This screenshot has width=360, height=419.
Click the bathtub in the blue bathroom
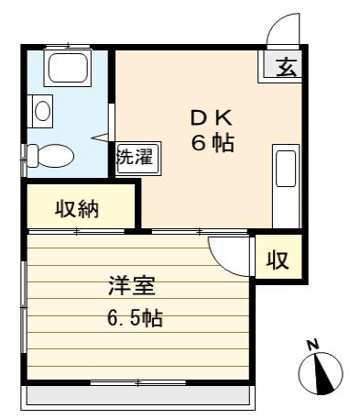pyautogui.click(x=68, y=68)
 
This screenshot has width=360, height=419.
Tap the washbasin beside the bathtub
pyautogui.click(x=42, y=111)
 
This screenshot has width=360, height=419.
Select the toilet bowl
pyautogui.click(x=50, y=156)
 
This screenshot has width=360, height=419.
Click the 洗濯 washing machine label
pyautogui.click(x=136, y=158)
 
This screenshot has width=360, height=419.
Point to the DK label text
pyautogui.click(x=212, y=118)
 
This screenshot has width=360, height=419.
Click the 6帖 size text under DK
pyautogui.click(x=213, y=143)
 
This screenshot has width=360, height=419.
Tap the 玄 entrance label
pyautogui.click(x=287, y=67)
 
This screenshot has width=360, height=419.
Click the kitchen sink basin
pyautogui.click(x=286, y=169)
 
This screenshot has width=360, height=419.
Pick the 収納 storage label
pyautogui.click(x=77, y=209)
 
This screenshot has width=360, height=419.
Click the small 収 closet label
pyautogui.click(x=278, y=260)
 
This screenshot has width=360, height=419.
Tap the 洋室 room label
pyautogui.click(x=132, y=286)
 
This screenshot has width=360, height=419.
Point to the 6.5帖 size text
pyautogui.click(x=135, y=318)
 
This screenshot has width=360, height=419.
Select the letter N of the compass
pyautogui.click(x=312, y=345)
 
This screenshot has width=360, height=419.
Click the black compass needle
pyautogui.click(x=323, y=373)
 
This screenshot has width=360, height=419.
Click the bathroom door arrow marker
pyautogui.click(x=100, y=138)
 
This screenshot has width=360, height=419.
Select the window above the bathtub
pyautogui.click(x=68, y=47)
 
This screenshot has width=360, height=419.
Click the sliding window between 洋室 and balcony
pyautogui.click(x=138, y=382)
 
